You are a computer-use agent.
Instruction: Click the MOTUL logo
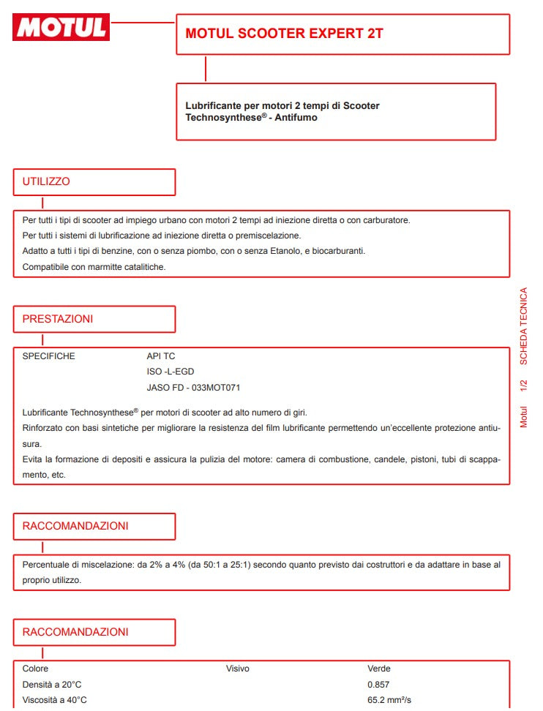[x=61, y=27]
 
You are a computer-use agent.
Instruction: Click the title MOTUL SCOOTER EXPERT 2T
[x=284, y=34]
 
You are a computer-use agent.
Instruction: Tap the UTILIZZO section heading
[x=46, y=181]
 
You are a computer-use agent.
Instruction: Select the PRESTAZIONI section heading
[x=57, y=319]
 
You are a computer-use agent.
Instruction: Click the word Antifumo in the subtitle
[x=296, y=117]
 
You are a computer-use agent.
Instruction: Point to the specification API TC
[x=161, y=356]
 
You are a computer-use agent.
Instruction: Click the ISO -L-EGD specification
[x=171, y=372]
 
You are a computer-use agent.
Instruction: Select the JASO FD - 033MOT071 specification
[x=193, y=387]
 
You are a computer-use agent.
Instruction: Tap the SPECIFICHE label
[x=48, y=356]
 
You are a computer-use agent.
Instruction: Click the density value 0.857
[x=378, y=685]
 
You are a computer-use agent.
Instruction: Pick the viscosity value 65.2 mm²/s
[x=389, y=700]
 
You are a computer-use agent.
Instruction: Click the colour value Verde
[x=378, y=669]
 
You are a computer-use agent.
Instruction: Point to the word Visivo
[x=237, y=669]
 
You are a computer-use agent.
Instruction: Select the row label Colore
[x=35, y=669]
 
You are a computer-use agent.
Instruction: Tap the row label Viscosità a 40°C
[x=54, y=700]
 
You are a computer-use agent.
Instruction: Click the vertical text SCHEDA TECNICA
[x=523, y=326]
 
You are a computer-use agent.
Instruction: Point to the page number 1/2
[x=523, y=388]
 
